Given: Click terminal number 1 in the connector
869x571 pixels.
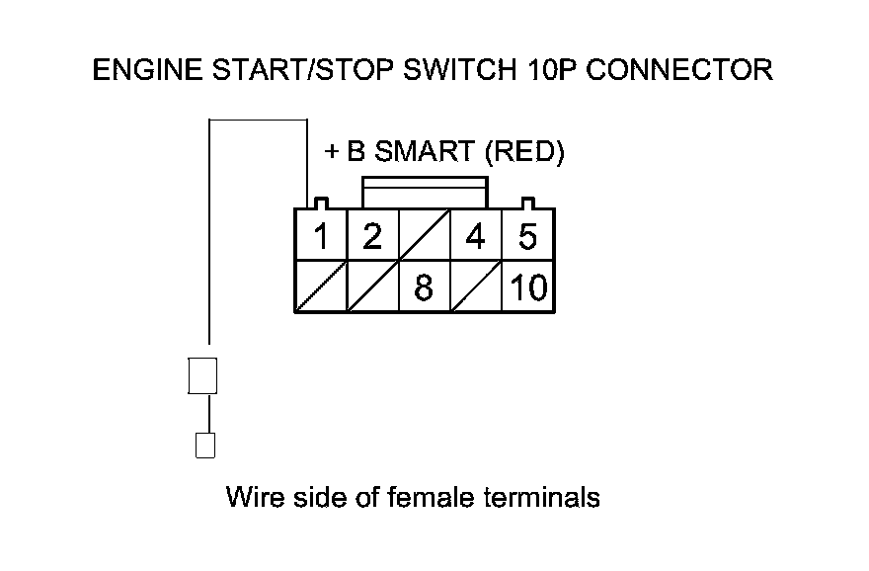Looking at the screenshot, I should [x=320, y=237].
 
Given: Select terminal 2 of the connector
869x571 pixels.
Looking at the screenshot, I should [x=371, y=237].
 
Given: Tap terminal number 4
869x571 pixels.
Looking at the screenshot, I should [x=476, y=237].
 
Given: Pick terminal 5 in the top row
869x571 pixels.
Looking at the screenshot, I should [x=527, y=237].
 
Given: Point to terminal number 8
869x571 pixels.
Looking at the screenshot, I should [x=423, y=287].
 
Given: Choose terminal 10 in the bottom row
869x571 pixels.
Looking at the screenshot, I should [x=528, y=287].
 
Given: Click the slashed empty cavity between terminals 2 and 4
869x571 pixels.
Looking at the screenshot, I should [x=423, y=237].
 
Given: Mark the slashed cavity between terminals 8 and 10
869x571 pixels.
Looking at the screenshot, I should [x=476, y=287].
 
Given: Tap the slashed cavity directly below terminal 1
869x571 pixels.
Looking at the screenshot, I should [x=320, y=287].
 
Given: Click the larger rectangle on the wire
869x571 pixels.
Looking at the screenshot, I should [x=202, y=375].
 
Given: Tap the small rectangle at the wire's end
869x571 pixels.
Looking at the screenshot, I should [x=205, y=446].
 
